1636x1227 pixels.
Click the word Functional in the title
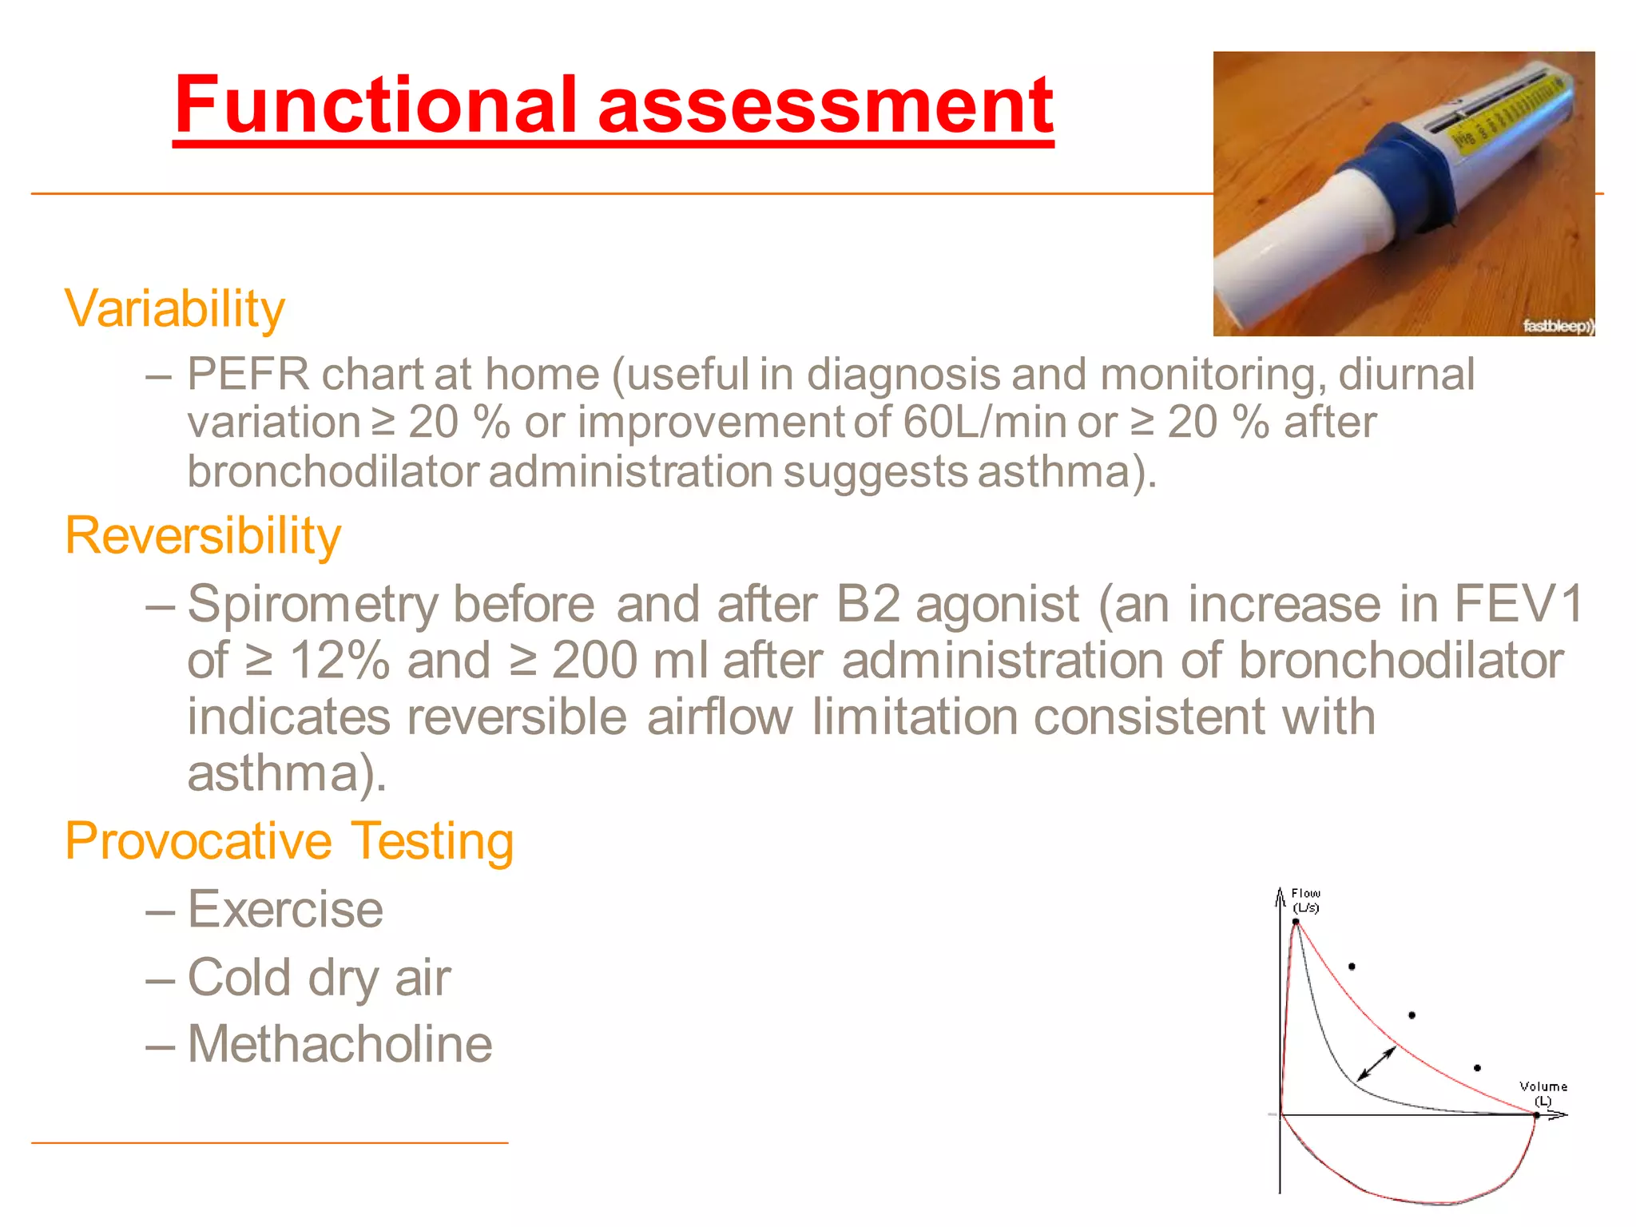point(375,105)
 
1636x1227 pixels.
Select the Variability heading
point(174,309)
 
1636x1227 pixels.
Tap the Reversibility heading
point(203,536)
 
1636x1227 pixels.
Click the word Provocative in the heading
point(198,842)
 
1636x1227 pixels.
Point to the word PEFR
point(248,375)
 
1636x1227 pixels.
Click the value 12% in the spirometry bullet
point(339,661)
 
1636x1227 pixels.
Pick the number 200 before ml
point(594,661)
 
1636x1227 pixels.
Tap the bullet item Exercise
point(285,910)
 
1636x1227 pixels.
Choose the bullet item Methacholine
point(340,1045)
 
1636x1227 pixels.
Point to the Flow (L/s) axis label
point(1306,900)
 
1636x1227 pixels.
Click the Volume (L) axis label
point(1543,1093)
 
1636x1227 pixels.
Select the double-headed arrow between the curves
point(1376,1063)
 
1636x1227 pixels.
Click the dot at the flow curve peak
point(1296,922)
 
